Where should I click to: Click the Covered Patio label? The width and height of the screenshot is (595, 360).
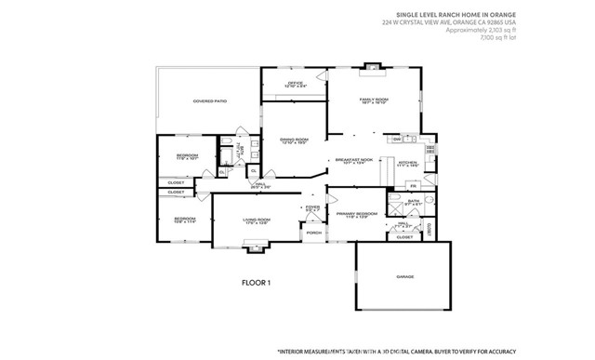[x=210, y=100]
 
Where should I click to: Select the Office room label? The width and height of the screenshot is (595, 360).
[x=296, y=85]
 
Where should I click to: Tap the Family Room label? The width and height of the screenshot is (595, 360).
[x=375, y=100]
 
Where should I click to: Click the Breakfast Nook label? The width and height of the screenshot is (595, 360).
[x=354, y=161]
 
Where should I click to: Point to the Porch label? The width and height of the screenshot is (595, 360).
[x=313, y=233]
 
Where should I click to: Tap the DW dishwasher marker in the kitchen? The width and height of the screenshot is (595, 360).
[x=396, y=140]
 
